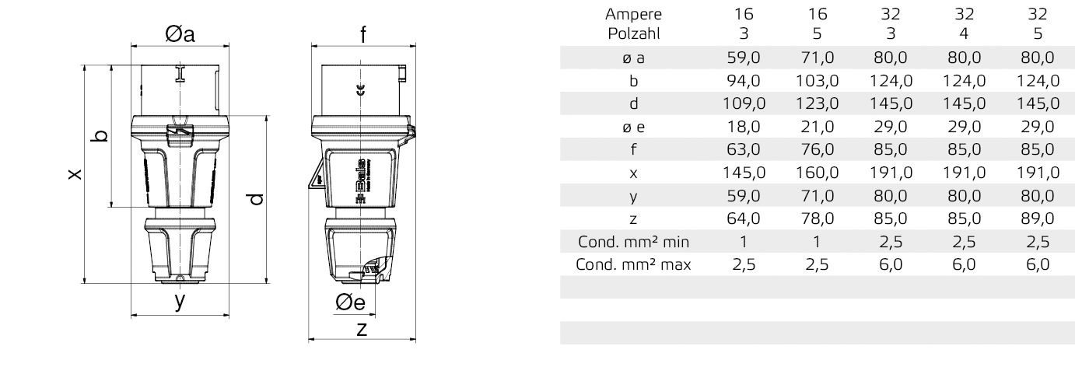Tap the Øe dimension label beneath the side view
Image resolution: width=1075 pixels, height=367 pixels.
[x=350, y=304]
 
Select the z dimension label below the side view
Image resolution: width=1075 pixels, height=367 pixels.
[x=362, y=328]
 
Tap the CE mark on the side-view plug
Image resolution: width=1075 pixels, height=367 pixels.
[x=359, y=91]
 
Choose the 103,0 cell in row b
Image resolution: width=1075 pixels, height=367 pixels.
[x=817, y=80]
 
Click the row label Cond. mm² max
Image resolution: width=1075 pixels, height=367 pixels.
[x=632, y=265]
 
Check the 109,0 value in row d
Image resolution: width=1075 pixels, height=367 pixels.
[x=744, y=103]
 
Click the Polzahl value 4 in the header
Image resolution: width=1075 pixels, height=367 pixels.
[x=963, y=33]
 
